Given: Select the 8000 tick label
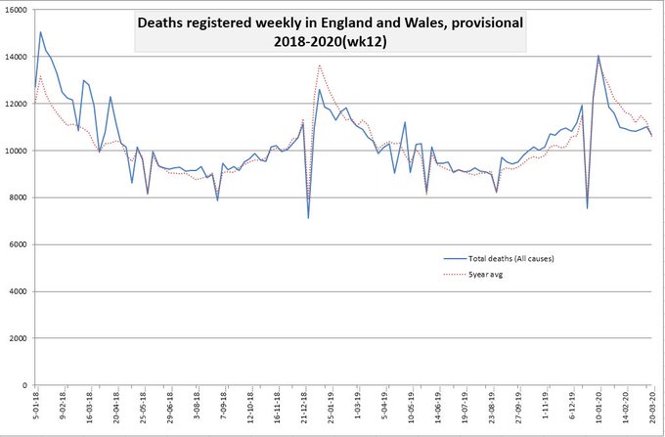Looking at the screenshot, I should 16,197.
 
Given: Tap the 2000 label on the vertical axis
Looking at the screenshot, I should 16,338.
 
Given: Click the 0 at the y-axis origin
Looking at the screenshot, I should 23,385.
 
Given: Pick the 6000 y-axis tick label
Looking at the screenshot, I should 16,244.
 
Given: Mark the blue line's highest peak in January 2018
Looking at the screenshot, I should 40,32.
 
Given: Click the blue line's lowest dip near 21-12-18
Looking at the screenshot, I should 308,217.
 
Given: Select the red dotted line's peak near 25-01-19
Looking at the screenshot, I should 320,66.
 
